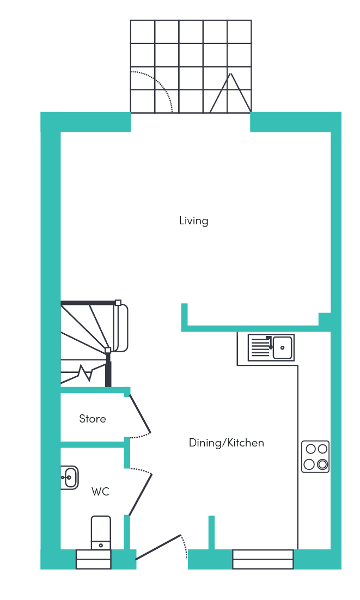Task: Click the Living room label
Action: pyautogui.click(x=193, y=221)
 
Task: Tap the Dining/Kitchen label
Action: pyautogui.click(x=227, y=443)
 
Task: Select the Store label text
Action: pyautogui.click(x=93, y=419)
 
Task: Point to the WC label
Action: pyautogui.click(x=101, y=491)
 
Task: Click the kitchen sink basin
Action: pyautogui.click(x=282, y=348)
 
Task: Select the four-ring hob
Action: pyautogui.click(x=316, y=456)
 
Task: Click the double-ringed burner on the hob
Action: pyautogui.click(x=322, y=464)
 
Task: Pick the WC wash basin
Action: pyautogui.click(x=70, y=477)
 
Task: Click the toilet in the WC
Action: pyautogui.click(x=101, y=533)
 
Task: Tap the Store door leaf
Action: pyautogui.click(x=139, y=414)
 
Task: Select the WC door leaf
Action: pyautogui.click(x=141, y=495)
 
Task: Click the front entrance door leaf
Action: pyautogui.click(x=158, y=547)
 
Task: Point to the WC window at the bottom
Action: pyautogui.click(x=94, y=560)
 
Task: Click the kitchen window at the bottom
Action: pyautogui.click(x=263, y=560)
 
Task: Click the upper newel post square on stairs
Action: pyautogui.click(x=118, y=303)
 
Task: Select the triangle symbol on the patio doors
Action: pyautogui.click(x=230, y=93)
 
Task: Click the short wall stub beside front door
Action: pyautogui.click(x=211, y=532)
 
